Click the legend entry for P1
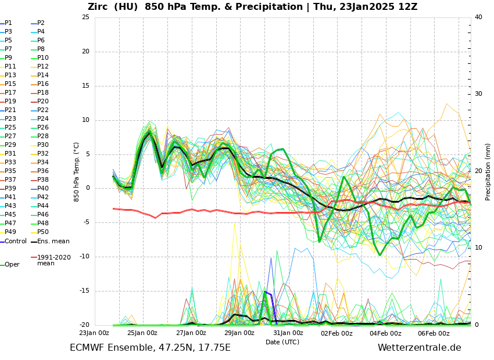(x=8, y=23)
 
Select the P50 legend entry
(x=43, y=232)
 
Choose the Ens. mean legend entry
(x=53, y=242)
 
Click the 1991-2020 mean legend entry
(x=53, y=260)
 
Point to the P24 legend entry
(x=43, y=119)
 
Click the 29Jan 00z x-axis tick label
(x=239, y=333)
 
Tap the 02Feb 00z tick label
(x=337, y=333)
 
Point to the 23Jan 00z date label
(x=94, y=333)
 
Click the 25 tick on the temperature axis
(x=85, y=17)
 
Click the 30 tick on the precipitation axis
(x=478, y=94)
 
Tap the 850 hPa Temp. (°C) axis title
(x=77, y=171)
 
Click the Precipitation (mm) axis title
(x=488, y=171)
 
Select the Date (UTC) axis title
(x=282, y=343)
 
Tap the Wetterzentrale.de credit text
(x=419, y=348)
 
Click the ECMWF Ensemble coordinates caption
(x=150, y=348)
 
